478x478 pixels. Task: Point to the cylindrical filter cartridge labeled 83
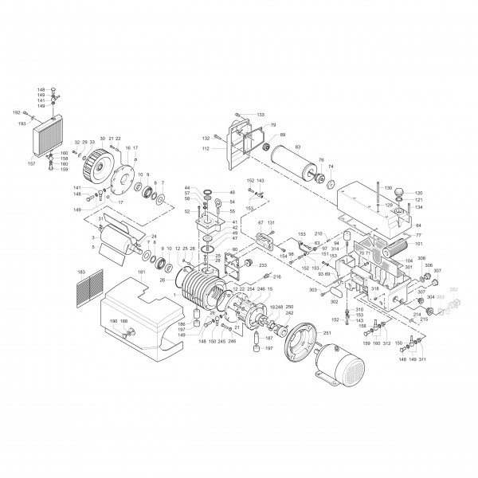point(295,169)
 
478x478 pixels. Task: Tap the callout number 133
point(260,116)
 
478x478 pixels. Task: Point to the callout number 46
point(232,193)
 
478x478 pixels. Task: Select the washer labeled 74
point(324,178)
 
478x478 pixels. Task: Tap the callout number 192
point(15,114)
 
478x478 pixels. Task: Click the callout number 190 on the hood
point(114,320)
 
